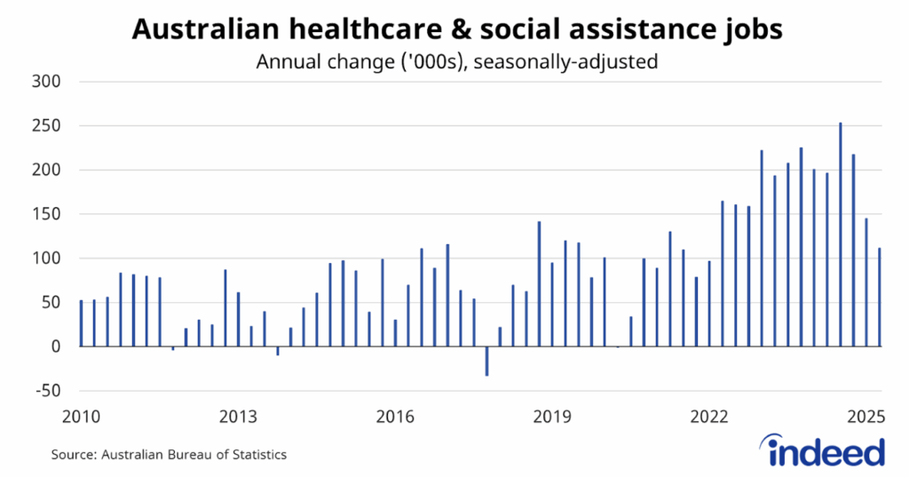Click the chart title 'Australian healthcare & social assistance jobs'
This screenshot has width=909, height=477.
click(x=457, y=30)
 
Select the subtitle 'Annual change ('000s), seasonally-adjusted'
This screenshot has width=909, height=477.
click(x=457, y=62)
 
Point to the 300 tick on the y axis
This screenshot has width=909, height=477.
click(x=44, y=82)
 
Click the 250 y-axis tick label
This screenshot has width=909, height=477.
click(x=44, y=126)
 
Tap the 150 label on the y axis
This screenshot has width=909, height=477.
click(x=44, y=214)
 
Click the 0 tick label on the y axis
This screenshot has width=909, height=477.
click(x=53, y=346)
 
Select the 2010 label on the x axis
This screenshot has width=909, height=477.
click(x=80, y=417)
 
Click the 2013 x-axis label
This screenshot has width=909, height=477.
click(x=238, y=417)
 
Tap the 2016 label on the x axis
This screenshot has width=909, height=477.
click(x=395, y=417)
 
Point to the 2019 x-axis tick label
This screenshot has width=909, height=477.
click(x=553, y=417)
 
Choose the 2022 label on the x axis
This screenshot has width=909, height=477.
click(x=710, y=417)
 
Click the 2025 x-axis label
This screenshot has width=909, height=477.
click(x=867, y=417)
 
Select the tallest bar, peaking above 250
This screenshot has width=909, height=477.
click(x=840, y=235)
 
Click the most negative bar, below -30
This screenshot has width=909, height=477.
click(x=486, y=362)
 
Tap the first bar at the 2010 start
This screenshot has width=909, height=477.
click(x=81, y=323)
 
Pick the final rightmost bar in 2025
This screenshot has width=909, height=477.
click(x=880, y=298)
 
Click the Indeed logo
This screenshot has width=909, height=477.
click(x=826, y=452)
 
